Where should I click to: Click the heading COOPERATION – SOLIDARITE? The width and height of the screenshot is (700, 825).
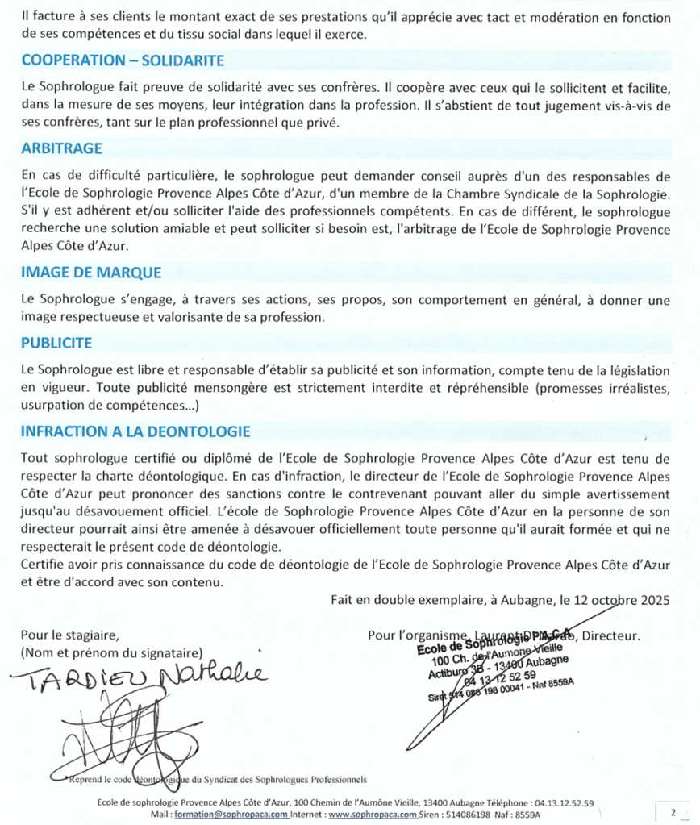123,60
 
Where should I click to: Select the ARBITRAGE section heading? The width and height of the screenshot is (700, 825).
61,148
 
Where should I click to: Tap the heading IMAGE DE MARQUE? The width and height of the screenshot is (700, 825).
91,273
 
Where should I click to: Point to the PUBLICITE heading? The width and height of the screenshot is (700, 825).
56,343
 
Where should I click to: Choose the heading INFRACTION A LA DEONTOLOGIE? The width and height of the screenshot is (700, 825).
135,431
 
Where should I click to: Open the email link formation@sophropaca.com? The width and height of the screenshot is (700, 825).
241,815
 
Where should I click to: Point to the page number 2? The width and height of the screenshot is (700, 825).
672,810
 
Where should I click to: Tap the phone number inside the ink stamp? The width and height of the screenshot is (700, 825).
500,675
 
